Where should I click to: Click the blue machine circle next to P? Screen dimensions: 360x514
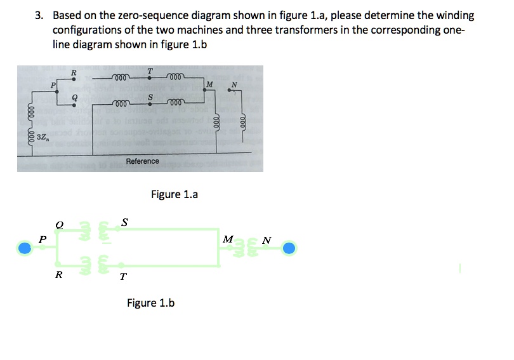(25, 248)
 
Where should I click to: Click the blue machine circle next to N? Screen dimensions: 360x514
(289, 248)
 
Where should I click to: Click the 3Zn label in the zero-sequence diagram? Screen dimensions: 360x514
(44, 137)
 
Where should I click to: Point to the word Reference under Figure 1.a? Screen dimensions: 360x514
(143, 161)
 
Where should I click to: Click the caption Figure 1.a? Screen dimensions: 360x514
(174, 194)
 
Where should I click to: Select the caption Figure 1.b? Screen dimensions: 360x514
(150, 303)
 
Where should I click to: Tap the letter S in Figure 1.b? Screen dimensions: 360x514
(124, 222)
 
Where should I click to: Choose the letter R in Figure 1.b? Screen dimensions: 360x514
(58, 275)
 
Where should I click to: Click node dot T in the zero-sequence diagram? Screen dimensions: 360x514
(149, 79)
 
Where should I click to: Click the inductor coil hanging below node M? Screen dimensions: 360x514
(216, 121)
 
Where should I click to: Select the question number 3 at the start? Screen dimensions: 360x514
(39, 15)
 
